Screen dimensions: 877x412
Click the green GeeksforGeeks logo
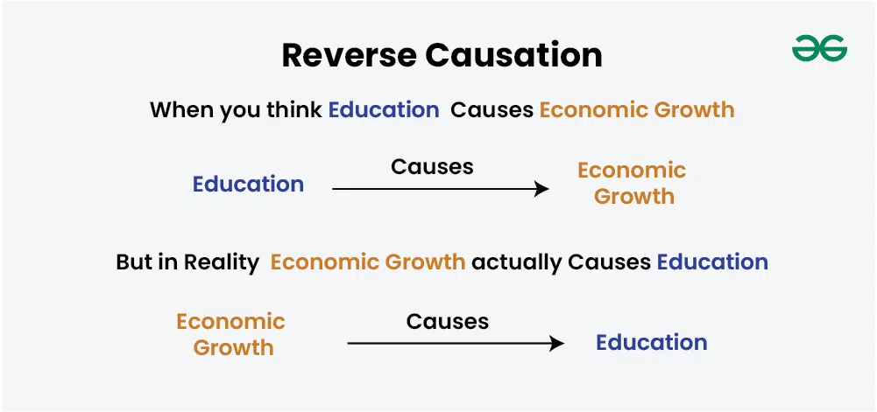(819, 48)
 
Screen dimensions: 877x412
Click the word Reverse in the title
(349, 56)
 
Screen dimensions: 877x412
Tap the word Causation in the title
(513, 56)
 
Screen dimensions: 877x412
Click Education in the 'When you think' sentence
(384, 110)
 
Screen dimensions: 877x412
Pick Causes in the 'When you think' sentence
(492, 110)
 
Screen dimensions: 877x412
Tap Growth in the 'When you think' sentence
(694, 110)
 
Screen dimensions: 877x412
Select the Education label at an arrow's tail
(248, 185)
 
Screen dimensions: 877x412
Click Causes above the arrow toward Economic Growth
(432, 166)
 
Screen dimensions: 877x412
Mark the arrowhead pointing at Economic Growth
(542, 189)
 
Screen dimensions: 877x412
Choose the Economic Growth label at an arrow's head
(632, 183)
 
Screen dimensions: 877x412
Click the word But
(132, 262)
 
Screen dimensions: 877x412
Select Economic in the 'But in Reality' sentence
(326, 262)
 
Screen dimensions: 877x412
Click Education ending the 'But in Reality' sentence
(712, 262)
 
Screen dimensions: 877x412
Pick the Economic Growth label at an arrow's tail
(231, 334)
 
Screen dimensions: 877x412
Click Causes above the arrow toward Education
(448, 321)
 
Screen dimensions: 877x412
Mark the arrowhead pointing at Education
(557, 343)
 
